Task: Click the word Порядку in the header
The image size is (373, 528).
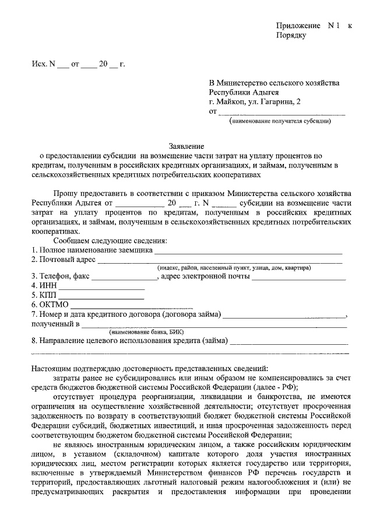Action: [290, 36]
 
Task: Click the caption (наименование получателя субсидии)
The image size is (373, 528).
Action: [280, 121]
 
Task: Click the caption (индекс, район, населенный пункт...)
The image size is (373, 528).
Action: [233, 268]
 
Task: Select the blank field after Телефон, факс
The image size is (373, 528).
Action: [124, 277]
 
